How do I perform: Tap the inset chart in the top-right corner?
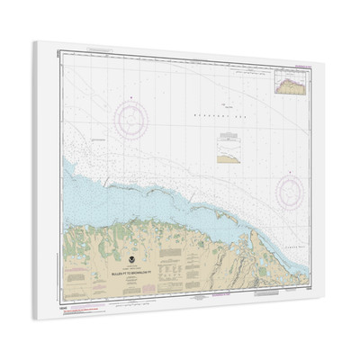coord(297,83)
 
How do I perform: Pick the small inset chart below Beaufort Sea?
coord(228,149)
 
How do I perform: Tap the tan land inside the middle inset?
coord(229,153)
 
